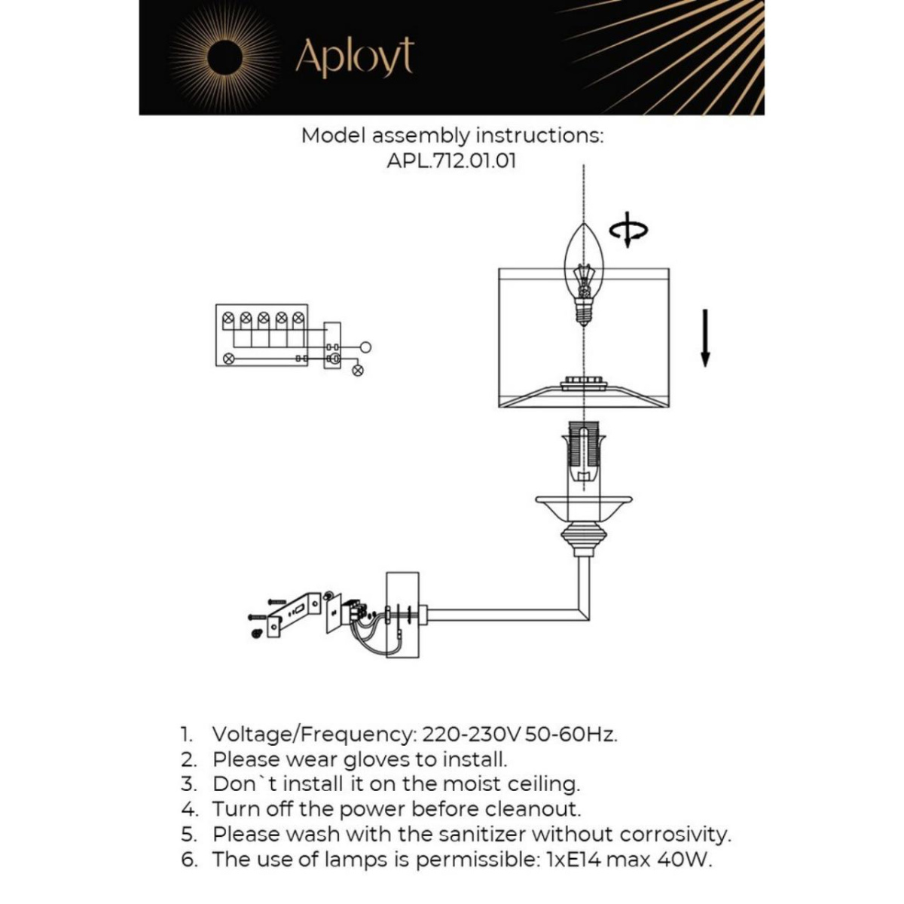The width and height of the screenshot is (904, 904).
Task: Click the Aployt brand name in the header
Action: (x=354, y=58)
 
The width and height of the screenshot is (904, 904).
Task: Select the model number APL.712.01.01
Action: (x=451, y=161)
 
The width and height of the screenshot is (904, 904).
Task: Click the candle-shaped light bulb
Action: (x=583, y=276)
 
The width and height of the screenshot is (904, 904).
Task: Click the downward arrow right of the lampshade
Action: (x=704, y=337)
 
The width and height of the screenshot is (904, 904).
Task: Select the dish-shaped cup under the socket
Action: (x=583, y=508)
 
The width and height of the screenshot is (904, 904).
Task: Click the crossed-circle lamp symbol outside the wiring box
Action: (x=358, y=371)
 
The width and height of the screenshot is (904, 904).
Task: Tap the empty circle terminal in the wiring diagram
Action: (x=365, y=347)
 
